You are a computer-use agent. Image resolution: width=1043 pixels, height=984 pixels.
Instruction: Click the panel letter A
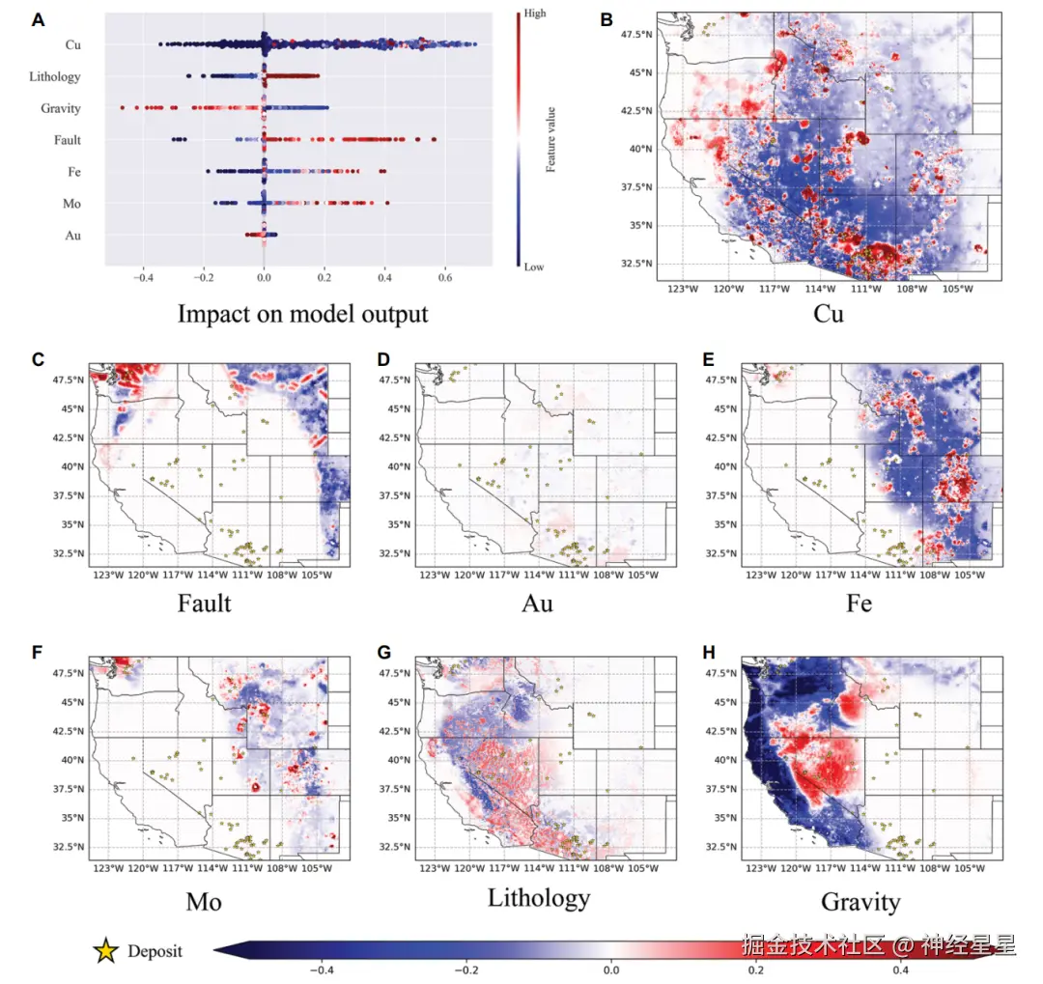[x=38, y=19]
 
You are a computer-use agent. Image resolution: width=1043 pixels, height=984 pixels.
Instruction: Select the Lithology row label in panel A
[x=55, y=77]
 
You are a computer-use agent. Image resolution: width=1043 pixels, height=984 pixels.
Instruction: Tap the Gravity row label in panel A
[x=61, y=109]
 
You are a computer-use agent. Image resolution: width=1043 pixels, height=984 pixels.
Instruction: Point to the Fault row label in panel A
[x=67, y=141]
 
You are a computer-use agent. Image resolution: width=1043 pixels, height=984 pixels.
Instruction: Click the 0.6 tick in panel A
[x=445, y=277]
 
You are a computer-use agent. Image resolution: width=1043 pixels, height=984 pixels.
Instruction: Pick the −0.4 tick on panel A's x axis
[x=141, y=277]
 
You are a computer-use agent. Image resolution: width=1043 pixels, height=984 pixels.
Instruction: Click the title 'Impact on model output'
[x=302, y=314]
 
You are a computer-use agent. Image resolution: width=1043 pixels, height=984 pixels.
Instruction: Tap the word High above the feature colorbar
[x=534, y=14]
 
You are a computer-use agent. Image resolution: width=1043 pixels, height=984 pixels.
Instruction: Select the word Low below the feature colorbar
[x=533, y=267]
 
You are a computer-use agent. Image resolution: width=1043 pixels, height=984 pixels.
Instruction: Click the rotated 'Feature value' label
[x=550, y=140]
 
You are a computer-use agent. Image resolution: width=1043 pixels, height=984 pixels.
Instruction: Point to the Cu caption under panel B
[x=829, y=314]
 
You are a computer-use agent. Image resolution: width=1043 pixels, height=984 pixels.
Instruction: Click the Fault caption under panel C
[x=205, y=604]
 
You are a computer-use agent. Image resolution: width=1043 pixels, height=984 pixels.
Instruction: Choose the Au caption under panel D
[x=537, y=604]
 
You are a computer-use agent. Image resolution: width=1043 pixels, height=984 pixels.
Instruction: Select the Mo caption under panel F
[x=204, y=902]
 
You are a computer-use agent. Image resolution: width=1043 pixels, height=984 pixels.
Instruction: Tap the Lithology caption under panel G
[x=538, y=898]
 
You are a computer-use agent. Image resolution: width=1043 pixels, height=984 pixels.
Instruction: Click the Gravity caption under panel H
[x=860, y=902]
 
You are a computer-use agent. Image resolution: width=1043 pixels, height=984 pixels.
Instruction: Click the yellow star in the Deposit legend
[x=105, y=951]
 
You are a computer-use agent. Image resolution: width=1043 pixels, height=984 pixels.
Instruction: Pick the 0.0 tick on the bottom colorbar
[x=610, y=969]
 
